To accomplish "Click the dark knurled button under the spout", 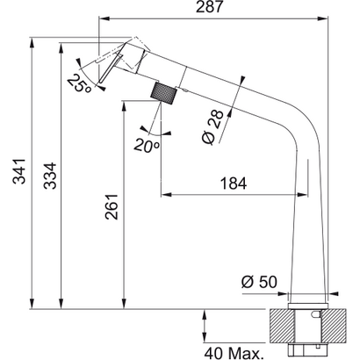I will (x=164, y=90).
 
